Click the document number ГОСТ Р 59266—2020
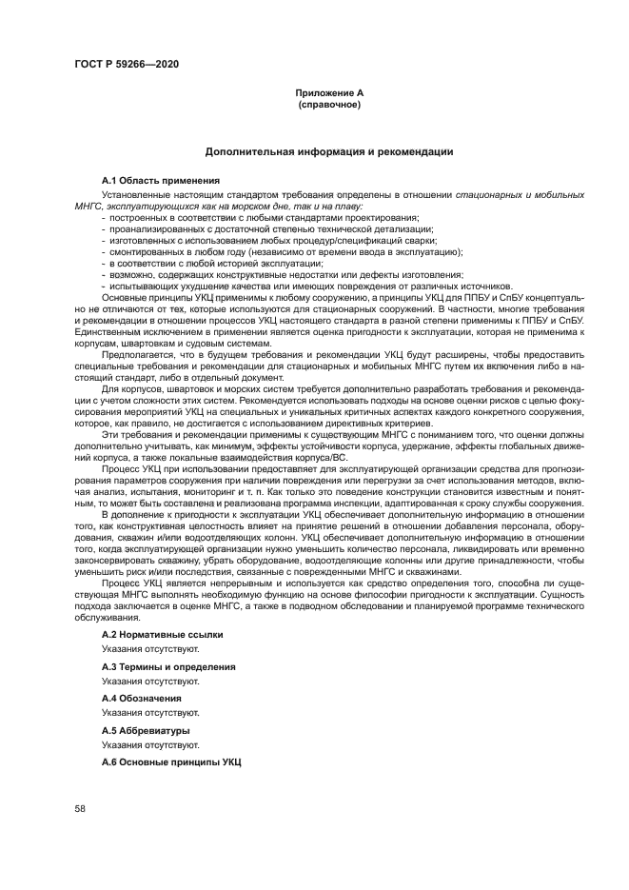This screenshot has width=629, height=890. [127, 64]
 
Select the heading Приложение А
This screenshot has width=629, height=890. [329, 92]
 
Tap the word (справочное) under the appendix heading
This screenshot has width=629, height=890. [329, 104]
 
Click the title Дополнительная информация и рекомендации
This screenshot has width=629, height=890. [329, 151]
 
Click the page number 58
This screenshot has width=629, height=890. [80, 808]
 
